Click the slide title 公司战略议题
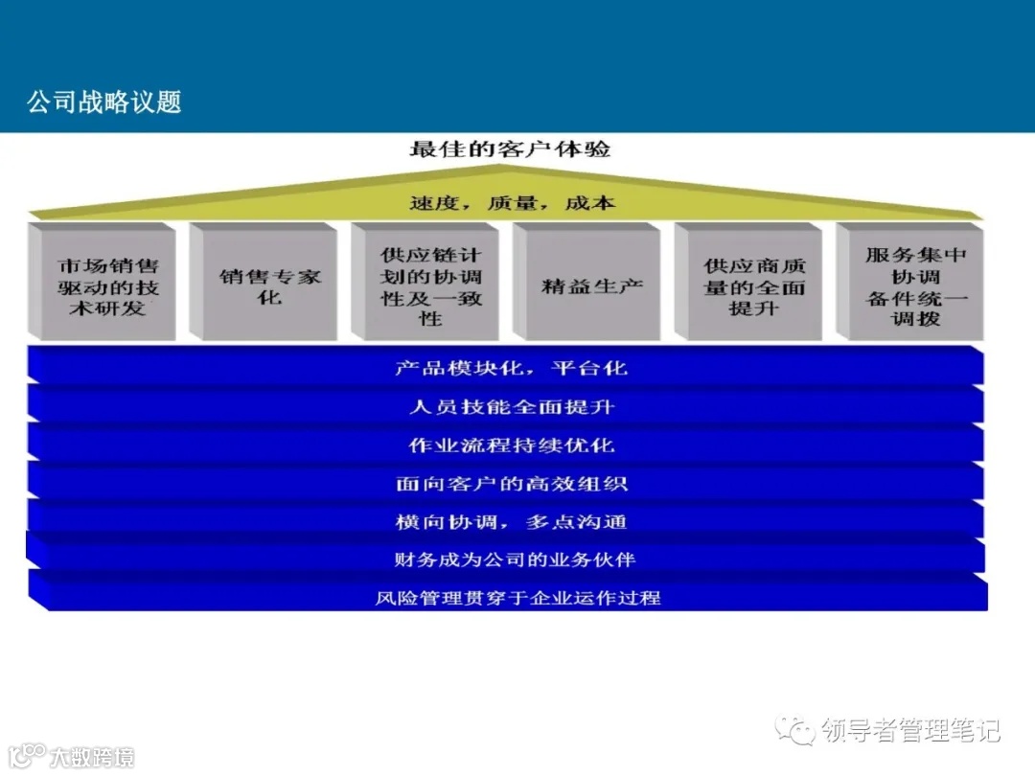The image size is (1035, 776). (x=104, y=102)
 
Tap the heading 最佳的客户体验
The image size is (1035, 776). (x=510, y=149)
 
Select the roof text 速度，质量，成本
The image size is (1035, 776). (x=512, y=203)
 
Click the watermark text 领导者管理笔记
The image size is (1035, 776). (x=910, y=730)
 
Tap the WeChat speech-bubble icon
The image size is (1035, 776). (x=796, y=730)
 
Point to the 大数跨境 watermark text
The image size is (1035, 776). (x=91, y=757)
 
